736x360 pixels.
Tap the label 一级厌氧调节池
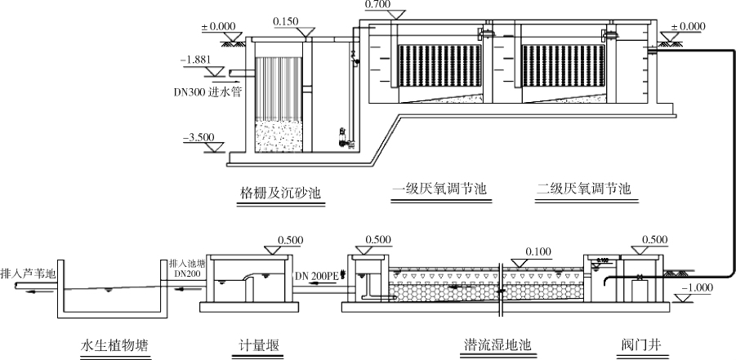click(x=439, y=189)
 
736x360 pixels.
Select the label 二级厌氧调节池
click(x=583, y=189)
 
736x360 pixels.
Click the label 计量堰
click(x=254, y=345)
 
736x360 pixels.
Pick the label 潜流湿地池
click(x=493, y=345)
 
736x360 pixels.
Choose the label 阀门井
click(x=638, y=345)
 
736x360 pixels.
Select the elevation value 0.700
click(x=378, y=4)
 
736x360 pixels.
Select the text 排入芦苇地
click(x=28, y=273)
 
